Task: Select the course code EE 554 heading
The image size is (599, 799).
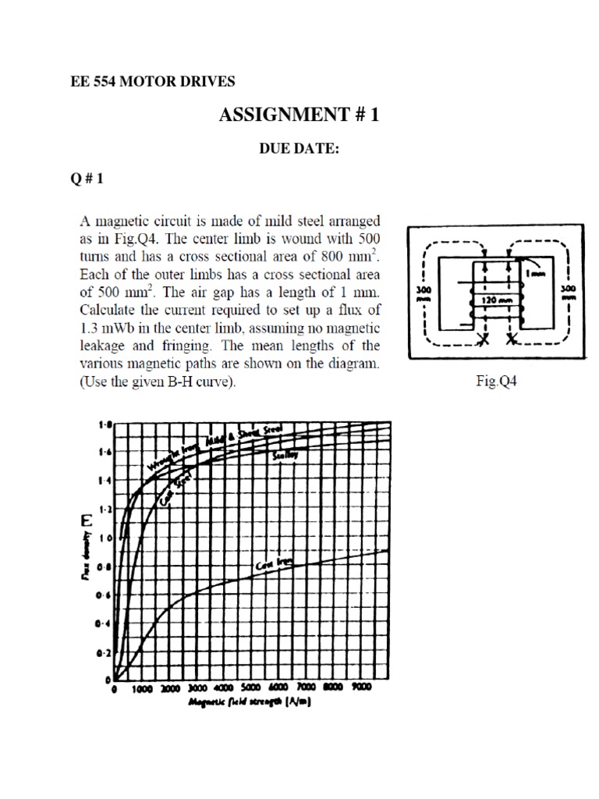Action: pyautogui.click(x=97, y=81)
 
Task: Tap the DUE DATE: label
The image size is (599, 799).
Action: pyautogui.click(x=300, y=149)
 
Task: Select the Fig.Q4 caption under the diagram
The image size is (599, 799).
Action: pyautogui.click(x=497, y=382)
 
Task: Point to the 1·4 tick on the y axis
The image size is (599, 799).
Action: pyautogui.click(x=102, y=481)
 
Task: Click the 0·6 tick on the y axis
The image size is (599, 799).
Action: pyautogui.click(x=102, y=595)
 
